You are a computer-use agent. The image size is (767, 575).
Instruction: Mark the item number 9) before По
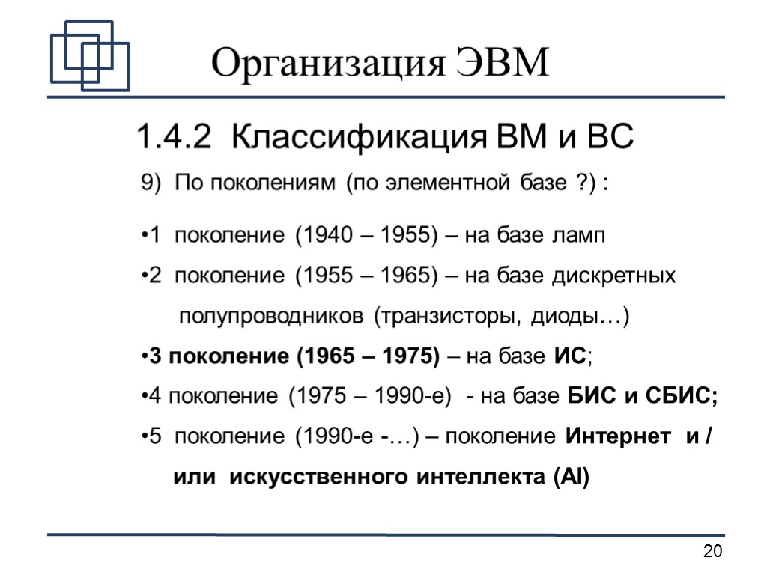coord(151,183)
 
